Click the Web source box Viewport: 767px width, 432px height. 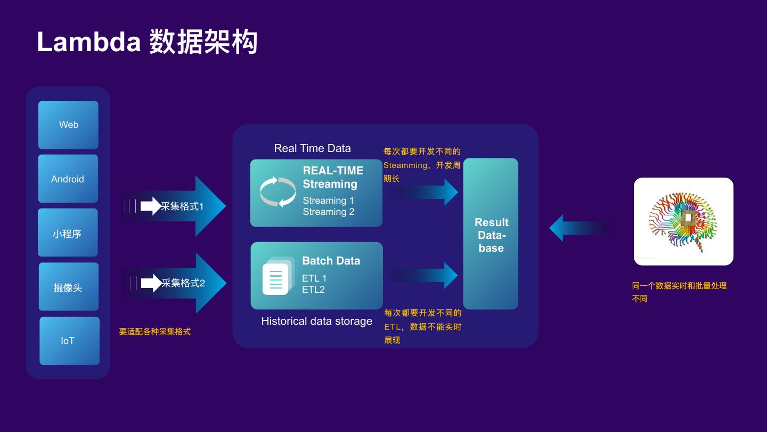pos(68,125)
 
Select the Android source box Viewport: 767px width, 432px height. pos(68,179)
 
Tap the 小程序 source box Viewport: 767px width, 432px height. pos(68,233)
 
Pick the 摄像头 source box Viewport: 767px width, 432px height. pos(68,287)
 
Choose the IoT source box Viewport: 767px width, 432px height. pos(69,341)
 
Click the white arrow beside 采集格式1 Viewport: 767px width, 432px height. pos(150,206)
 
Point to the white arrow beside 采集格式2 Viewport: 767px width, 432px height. pos(151,283)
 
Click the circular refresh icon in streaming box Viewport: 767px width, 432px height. pos(278,192)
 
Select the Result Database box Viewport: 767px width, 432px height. pos(491,234)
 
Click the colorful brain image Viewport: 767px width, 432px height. pos(683,221)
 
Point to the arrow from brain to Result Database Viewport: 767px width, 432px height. pos(581,228)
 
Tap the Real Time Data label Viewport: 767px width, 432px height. pos(312,148)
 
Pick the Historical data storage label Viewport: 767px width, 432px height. pos(316,321)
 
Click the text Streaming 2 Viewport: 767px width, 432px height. pos(328,212)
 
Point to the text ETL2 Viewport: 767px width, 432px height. pos(313,290)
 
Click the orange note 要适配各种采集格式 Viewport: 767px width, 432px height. pos(154,332)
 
